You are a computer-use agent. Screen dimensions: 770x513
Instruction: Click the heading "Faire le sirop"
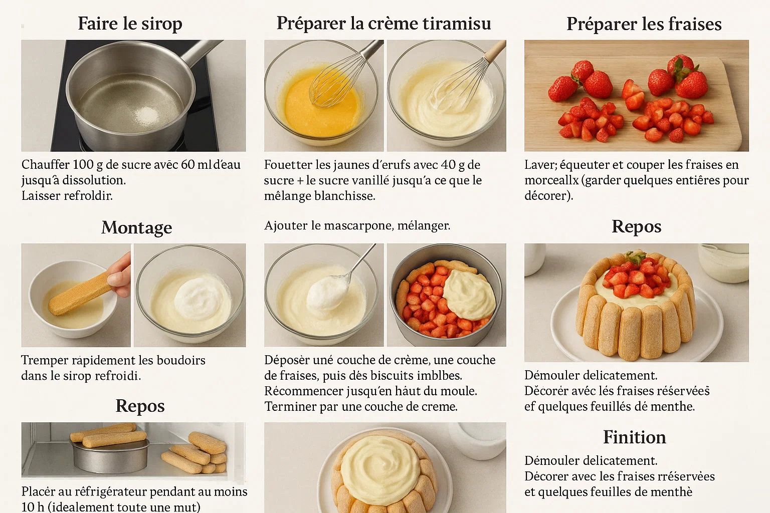(130, 24)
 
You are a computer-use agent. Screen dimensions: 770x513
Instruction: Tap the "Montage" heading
(136, 227)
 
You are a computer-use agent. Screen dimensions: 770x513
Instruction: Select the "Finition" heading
(635, 437)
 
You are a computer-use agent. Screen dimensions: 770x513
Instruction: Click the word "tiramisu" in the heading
(457, 24)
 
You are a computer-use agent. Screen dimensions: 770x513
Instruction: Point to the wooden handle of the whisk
(495, 52)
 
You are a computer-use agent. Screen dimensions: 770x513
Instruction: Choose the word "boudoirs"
(181, 360)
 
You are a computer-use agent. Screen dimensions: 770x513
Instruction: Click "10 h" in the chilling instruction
(33, 507)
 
